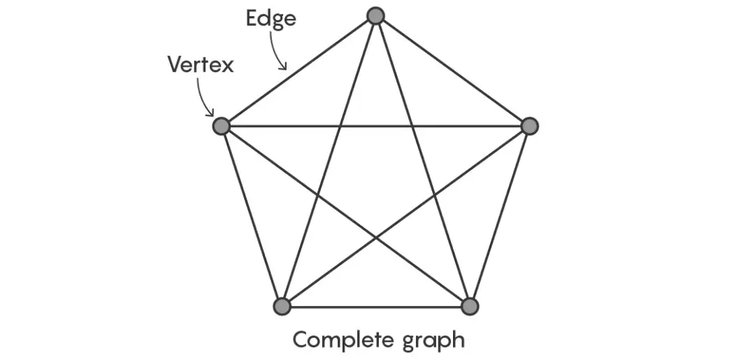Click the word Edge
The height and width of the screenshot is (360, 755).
click(271, 19)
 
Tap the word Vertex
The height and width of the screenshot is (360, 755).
click(200, 65)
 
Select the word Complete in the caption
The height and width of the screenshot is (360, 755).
click(342, 340)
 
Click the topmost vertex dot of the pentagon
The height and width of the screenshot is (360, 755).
click(376, 15)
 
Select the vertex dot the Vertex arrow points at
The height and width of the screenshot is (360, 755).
click(222, 126)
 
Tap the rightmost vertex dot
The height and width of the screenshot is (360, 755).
click(530, 126)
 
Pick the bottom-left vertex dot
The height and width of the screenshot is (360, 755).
click(282, 306)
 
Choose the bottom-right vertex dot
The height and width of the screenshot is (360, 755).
click(470, 306)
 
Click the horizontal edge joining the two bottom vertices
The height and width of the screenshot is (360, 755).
click(375, 306)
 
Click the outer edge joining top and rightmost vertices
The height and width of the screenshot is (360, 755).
click(453, 71)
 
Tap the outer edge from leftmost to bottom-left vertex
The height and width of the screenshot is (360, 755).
click(252, 216)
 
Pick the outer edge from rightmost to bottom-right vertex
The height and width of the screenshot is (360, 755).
click(500, 216)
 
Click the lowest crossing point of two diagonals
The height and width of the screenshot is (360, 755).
click(376, 238)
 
